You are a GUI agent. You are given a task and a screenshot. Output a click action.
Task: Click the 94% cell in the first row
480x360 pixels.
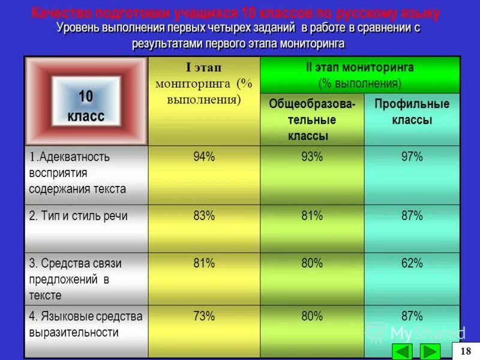click(204, 157)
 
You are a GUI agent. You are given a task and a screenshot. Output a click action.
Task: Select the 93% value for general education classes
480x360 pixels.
click(312, 157)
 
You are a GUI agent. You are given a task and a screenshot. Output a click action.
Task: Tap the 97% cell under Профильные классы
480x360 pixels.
click(412, 157)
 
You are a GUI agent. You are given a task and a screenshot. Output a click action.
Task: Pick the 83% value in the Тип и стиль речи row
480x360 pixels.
click(204, 216)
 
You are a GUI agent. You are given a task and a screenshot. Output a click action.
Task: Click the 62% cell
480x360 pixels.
click(412, 263)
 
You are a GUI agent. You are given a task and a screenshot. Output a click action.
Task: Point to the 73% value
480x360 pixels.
click(204, 316)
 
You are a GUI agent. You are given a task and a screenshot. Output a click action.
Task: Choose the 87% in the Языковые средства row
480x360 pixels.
click(412, 316)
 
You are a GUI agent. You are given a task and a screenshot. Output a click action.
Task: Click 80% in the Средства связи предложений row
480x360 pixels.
click(312, 263)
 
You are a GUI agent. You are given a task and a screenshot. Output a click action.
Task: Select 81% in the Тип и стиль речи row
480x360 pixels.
click(312, 216)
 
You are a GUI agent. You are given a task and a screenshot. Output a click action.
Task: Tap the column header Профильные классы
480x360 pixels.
click(412, 112)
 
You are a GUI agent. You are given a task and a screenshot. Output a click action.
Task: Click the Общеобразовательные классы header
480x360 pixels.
click(311, 119)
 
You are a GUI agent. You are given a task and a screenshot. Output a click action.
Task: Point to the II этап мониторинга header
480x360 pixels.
click(360, 75)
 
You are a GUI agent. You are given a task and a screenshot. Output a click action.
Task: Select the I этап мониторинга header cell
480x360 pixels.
click(204, 84)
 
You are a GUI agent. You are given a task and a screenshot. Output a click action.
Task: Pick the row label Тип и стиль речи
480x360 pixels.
click(79, 216)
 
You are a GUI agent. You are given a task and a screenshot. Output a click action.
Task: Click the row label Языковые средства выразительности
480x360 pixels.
click(85, 324)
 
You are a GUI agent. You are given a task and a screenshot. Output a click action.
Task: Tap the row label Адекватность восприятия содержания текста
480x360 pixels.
click(77, 173)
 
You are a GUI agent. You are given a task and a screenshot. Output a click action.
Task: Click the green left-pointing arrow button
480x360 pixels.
click(401, 351)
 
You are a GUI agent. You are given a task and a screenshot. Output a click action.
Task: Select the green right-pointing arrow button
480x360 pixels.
click(430, 351)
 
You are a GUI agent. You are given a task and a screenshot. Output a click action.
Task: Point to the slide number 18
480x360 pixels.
click(466, 350)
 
